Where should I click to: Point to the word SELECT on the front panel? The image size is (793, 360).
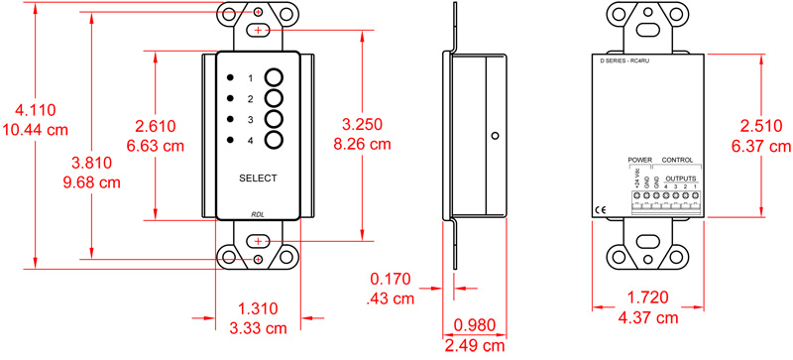click(x=258, y=178)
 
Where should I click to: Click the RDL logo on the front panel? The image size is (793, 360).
click(x=258, y=212)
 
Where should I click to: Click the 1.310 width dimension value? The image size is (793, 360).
click(x=258, y=309)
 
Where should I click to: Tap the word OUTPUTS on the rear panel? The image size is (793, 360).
click(x=680, y=176)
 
